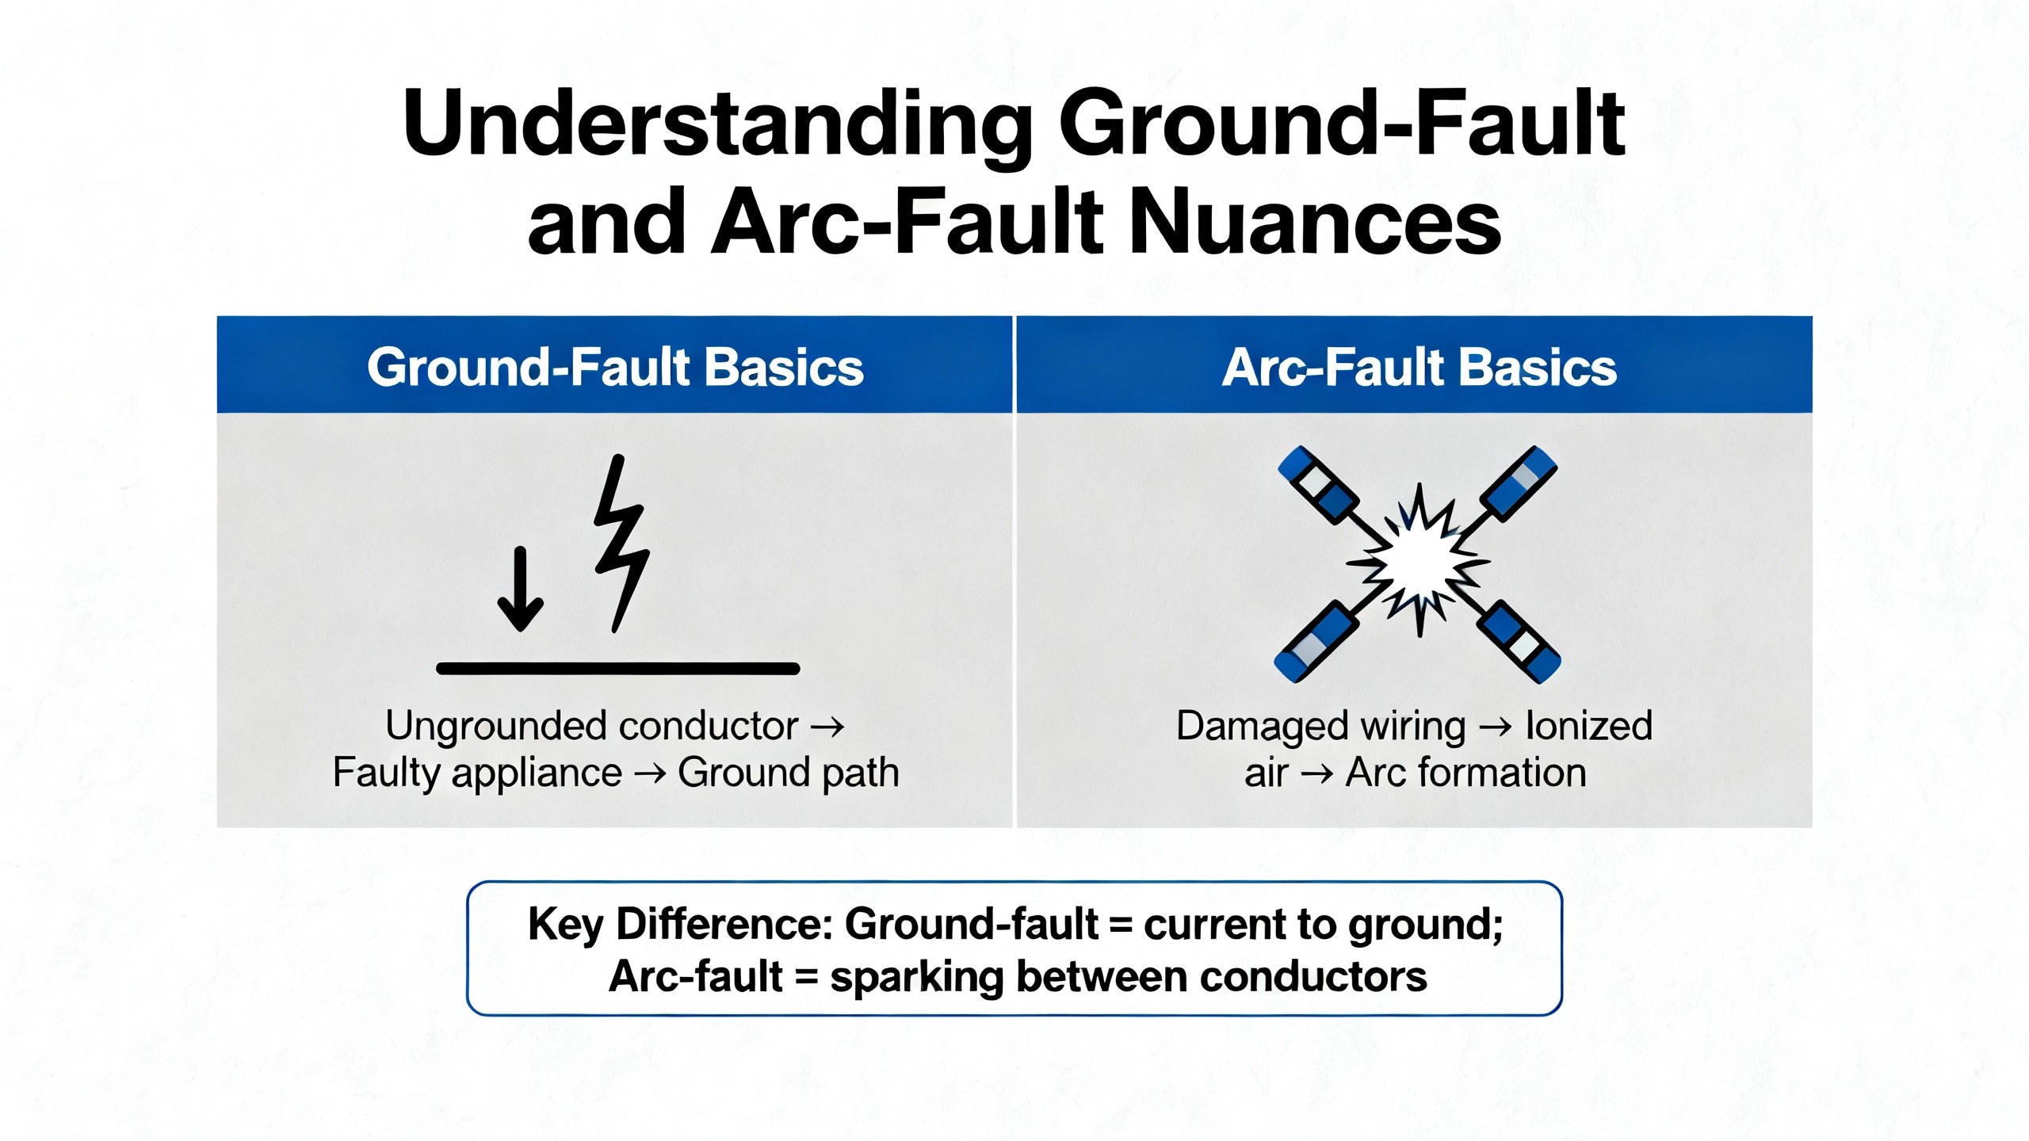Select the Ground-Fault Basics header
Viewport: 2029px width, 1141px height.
pos(615,367)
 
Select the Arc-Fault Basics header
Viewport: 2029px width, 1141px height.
pos(1419,367)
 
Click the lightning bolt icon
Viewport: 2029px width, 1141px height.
pos(621,544)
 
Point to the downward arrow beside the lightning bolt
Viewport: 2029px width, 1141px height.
pos(520,590)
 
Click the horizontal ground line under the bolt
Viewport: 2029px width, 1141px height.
pos(617,669)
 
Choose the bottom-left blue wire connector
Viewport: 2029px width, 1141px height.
pos(1315,643)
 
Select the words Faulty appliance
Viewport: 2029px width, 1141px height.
pos(477,773)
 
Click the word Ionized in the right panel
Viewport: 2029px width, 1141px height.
pos(1588,726)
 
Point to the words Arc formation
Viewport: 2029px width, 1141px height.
pos(1465,773)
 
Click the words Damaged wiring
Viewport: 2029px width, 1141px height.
pos(1320,726)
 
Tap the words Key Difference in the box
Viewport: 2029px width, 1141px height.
pos(679,925)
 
